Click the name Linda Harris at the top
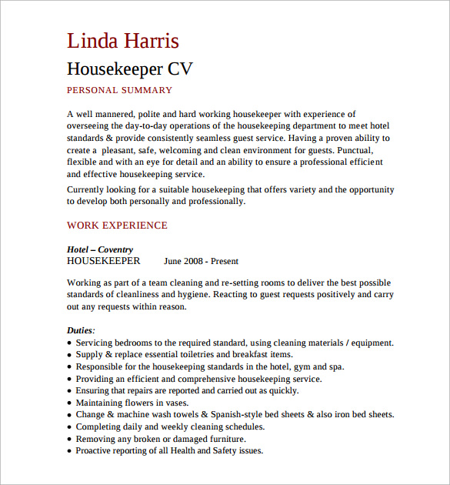(x=123, y=41)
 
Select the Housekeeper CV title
(x=129, y=69)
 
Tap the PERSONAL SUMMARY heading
(x=119, y=91)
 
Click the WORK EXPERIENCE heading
(x=117, y=226)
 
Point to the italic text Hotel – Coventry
(x=100, y=249)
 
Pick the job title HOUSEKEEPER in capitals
(x=104, y=261)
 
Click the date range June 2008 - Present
(x=202, y=261)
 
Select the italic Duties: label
(x=82, y=330)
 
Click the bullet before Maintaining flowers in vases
(x=70, y=403)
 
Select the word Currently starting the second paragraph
(x=88, y=189)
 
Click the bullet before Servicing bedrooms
(x=70, y=343)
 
